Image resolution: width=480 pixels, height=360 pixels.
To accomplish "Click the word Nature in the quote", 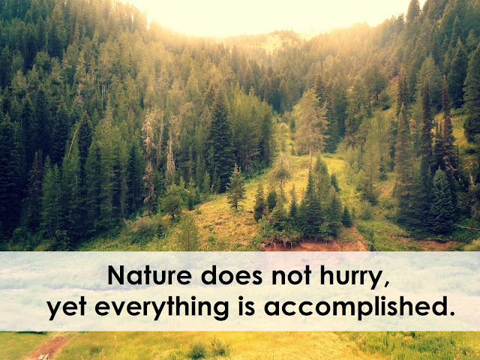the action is tap(150, 275).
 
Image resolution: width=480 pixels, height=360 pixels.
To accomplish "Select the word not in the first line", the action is tap(292, 275).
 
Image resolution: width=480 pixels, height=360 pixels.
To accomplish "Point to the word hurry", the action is tap(351, 277).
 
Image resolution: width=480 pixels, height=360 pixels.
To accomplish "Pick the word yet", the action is tap(67, 308).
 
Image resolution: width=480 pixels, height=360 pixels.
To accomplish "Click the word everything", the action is tap(162, 307).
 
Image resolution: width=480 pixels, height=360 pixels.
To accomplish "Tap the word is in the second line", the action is tap(247, 306).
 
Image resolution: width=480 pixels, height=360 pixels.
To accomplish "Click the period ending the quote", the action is tap(451, 313).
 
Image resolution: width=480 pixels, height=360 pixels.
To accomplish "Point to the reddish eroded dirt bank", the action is tap(315, 244).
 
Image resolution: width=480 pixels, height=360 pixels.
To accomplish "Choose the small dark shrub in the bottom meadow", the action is tap(197, 350).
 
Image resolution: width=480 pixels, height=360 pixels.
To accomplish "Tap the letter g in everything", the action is tap(221, 310).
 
